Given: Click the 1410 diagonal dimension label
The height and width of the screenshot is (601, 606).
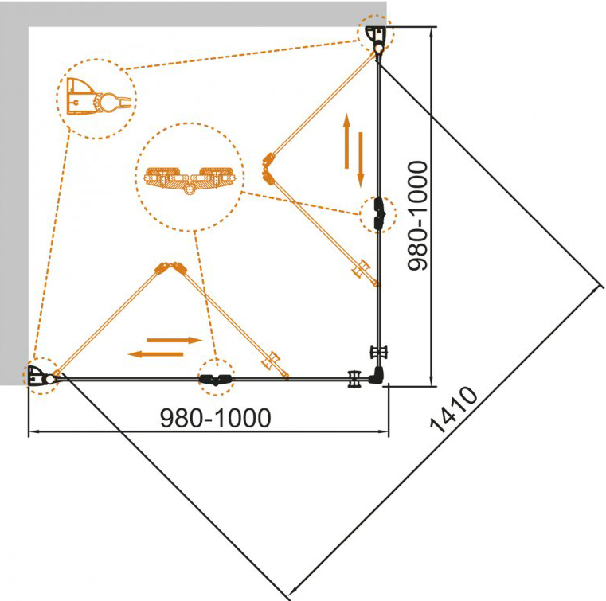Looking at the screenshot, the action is pyautogui.click(x=454, y=409).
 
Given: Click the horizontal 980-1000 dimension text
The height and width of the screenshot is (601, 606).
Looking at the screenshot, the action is pyautogui.click(x=215, y=418).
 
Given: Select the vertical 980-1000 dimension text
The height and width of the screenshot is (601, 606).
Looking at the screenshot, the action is pyautogui.click(x=418, y=216).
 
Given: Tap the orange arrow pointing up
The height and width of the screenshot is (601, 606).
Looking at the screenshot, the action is pyautogui.click(x=346, y=141).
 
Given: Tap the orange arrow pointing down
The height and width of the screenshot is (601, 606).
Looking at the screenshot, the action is pyautogui.click(x=361, y=159).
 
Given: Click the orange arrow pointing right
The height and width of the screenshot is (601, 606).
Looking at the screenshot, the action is pyautogui.click(x=174, y=340).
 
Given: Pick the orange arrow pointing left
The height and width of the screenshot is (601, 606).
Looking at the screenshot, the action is pyautogui.click(x=155, y=353).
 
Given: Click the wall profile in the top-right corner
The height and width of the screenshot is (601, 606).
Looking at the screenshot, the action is pyautogui.click(x=377, y=39).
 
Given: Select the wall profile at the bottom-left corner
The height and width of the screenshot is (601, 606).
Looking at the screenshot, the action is pyautogui.click(x=41, y=377).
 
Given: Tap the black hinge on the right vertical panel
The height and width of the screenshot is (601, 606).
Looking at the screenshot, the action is pyautogui.click(x=379, y=214).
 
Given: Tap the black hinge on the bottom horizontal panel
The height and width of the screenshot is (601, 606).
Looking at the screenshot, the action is pyautogui.click(x=216, y=380).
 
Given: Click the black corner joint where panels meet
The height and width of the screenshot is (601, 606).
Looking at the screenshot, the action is pyautogui.click(x=376, y=375).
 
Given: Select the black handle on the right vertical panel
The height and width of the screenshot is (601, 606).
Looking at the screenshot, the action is pyautogui.click(x=379, y=352).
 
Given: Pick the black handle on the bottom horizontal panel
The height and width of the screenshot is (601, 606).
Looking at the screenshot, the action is pyautogui.click(x=354, y=379).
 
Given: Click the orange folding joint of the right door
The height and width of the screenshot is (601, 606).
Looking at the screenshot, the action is pyautogui.click(x=268, y=168).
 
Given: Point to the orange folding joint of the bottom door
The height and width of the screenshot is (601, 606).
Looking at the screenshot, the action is pyautogui.click(x=170, y=267).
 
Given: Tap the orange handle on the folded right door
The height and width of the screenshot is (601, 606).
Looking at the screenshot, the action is pyautogui.click(x=361, y=268).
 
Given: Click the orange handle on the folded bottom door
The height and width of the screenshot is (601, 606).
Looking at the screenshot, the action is pyautogui.click(x=271, y=361).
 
